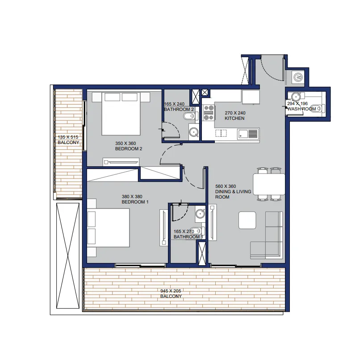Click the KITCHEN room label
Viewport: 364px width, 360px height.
click(x=234, y=119)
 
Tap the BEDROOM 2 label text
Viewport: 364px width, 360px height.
click(x=129, y=149)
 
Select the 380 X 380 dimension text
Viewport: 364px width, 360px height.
click(x=132, y=197)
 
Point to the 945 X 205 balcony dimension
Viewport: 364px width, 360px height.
click(x=171, y=291)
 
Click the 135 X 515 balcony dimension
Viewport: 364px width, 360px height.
click(x=68, y=137)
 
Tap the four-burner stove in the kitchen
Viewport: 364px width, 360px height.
click(x=209, y=113)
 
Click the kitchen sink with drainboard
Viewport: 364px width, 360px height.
click(x=248, y=134)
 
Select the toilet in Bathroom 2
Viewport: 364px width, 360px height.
click(x=191, y=115)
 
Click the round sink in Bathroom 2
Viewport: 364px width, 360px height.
click(x=193, y=132)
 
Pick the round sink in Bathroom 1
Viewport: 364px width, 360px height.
click(x=200, y=213)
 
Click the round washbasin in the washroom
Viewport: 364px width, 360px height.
click(x=296, y=96)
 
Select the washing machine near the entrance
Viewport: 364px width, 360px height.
click(x=298, y=77)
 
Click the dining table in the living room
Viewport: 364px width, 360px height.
click(x=269, y=184)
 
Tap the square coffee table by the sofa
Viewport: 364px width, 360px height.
click(x=247, y=220)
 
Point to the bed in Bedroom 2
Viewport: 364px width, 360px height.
click(x=121, y=114)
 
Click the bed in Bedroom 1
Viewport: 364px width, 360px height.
click(x=108, y=228)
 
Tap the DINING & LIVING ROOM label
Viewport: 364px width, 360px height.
click(x=233, y=192)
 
